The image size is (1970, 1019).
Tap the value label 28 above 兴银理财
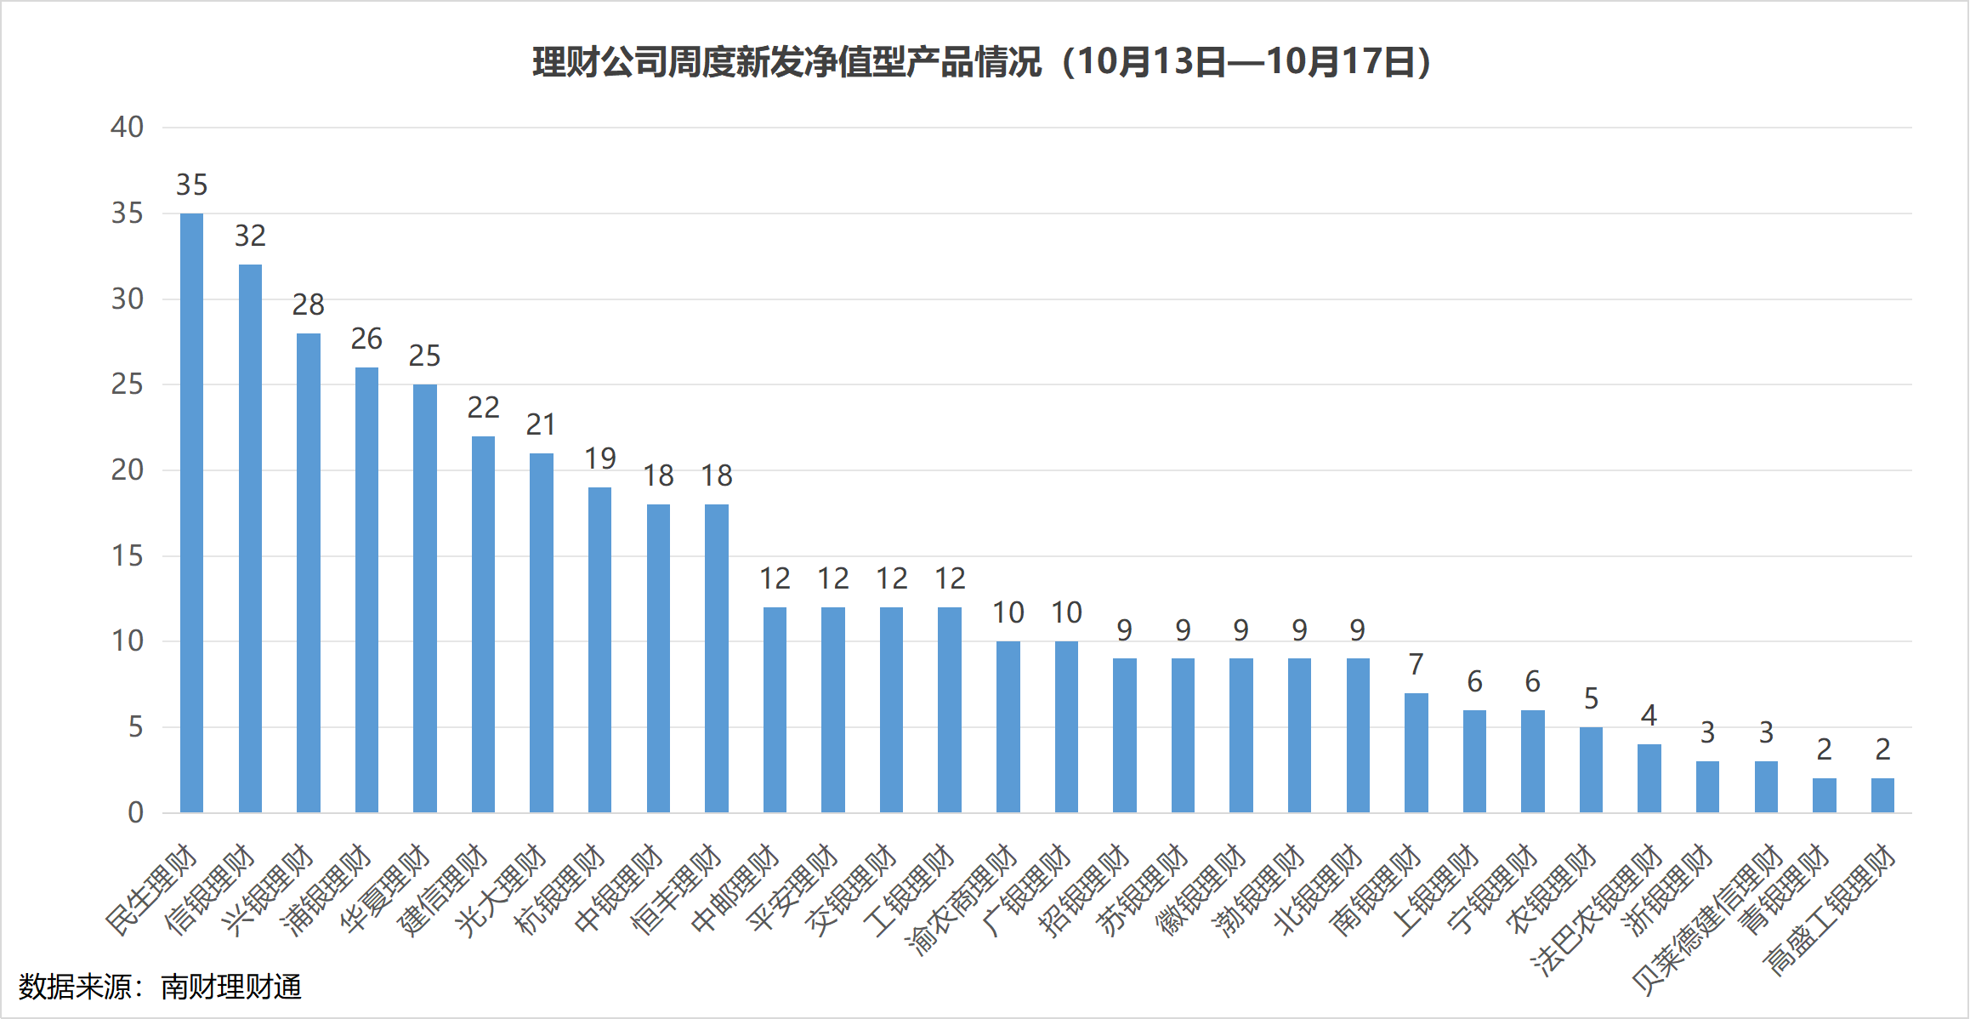[308, 305]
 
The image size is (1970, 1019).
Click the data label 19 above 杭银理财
[599, 458]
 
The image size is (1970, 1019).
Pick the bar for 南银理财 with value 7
[1416, 753]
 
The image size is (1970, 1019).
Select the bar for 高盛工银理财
[1882, 795]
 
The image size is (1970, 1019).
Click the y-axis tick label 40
[127, 128]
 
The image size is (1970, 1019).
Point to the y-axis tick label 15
[127, 556]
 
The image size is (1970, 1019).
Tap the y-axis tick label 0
[135, 813]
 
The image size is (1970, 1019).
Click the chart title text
[982, 62]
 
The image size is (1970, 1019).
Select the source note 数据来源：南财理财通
[160, 987]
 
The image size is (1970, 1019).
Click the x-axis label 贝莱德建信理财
[1709, 919]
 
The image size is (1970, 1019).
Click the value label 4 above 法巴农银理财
[1649, 715]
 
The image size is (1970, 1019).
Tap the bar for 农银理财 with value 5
[1591, 770]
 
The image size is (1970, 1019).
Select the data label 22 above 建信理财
[483, 407]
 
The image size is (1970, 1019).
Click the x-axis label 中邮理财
[736, 889]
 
